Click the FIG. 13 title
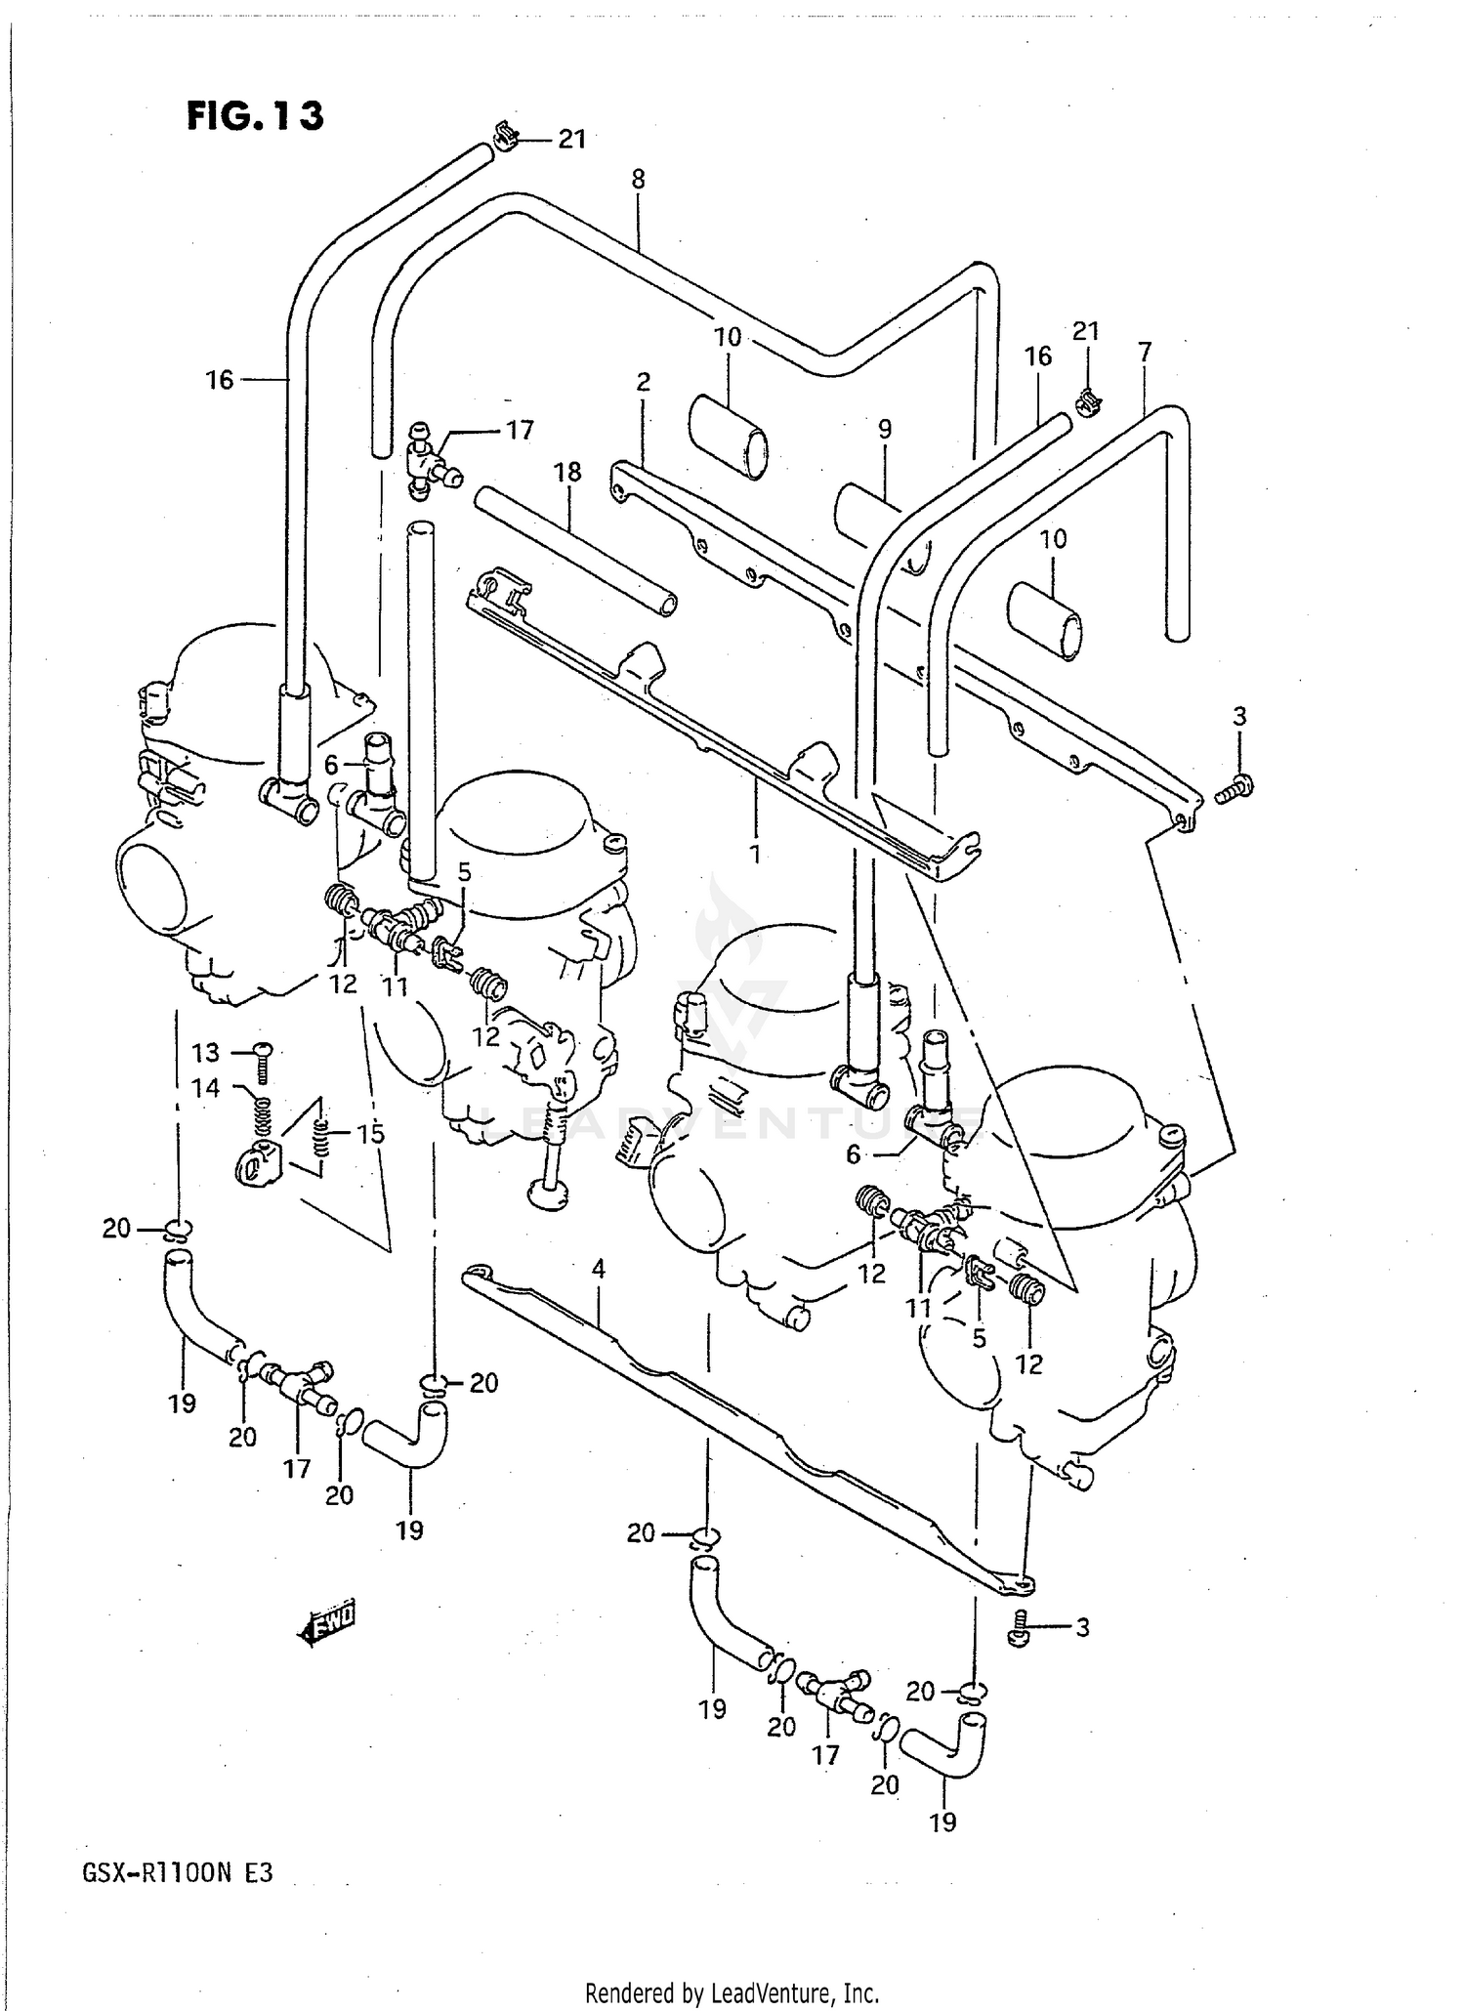point(255,115)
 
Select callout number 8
point(638,180)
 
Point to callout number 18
point(567,473)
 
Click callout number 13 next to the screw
point(206,1053)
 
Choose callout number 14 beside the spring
point(206,1087)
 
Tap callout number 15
point(370,1134)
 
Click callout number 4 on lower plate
point(599,1269)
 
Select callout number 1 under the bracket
point(754,853)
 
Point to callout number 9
point(885,429)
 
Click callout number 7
point(1145,351)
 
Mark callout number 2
point(643,382)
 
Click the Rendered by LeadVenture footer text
point(732,1992)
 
